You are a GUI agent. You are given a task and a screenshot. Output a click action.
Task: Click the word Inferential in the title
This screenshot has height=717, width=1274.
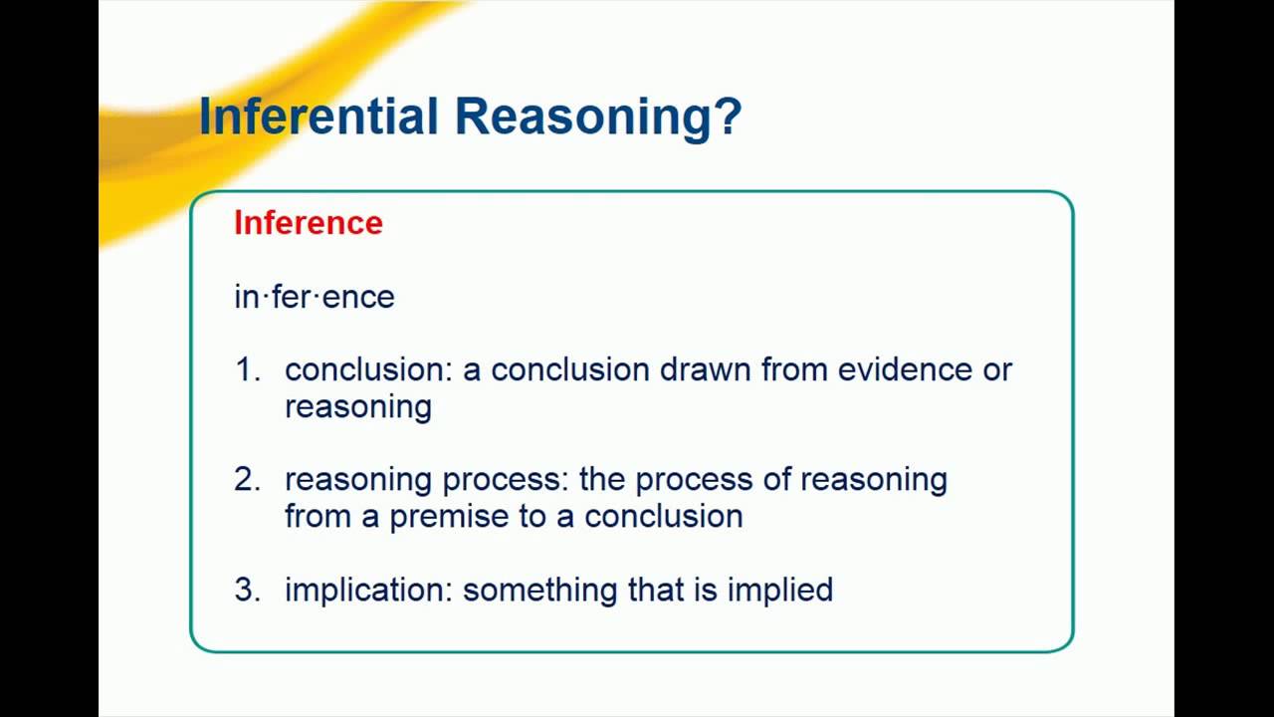pos(319,117)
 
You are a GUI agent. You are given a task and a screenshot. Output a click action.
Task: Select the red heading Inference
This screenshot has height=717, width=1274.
pos(309,222)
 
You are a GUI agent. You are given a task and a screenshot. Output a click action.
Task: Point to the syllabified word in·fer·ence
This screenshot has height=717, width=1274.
pos(315,297)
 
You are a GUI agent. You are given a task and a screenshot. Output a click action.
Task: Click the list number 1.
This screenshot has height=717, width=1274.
pos(248,369)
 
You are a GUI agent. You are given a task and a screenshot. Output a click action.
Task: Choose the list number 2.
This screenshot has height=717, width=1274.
pos(248,479)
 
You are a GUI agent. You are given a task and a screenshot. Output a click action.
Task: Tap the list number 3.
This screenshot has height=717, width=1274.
pos(248,590)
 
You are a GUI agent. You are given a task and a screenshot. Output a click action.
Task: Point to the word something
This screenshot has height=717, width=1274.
pos(540,591)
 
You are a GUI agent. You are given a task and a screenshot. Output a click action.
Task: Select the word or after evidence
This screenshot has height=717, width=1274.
pos(997,370)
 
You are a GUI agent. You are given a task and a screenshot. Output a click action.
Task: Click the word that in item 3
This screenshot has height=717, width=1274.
pos(656,590)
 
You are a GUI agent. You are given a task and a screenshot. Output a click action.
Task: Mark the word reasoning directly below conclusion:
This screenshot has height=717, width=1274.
pos(358,407)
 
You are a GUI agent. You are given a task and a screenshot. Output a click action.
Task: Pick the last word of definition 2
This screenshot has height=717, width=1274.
pos(664,517)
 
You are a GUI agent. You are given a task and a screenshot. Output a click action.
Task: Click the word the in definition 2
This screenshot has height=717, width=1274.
pos(602,479)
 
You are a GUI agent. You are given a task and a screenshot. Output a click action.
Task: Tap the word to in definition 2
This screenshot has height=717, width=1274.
pos(532,517)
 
